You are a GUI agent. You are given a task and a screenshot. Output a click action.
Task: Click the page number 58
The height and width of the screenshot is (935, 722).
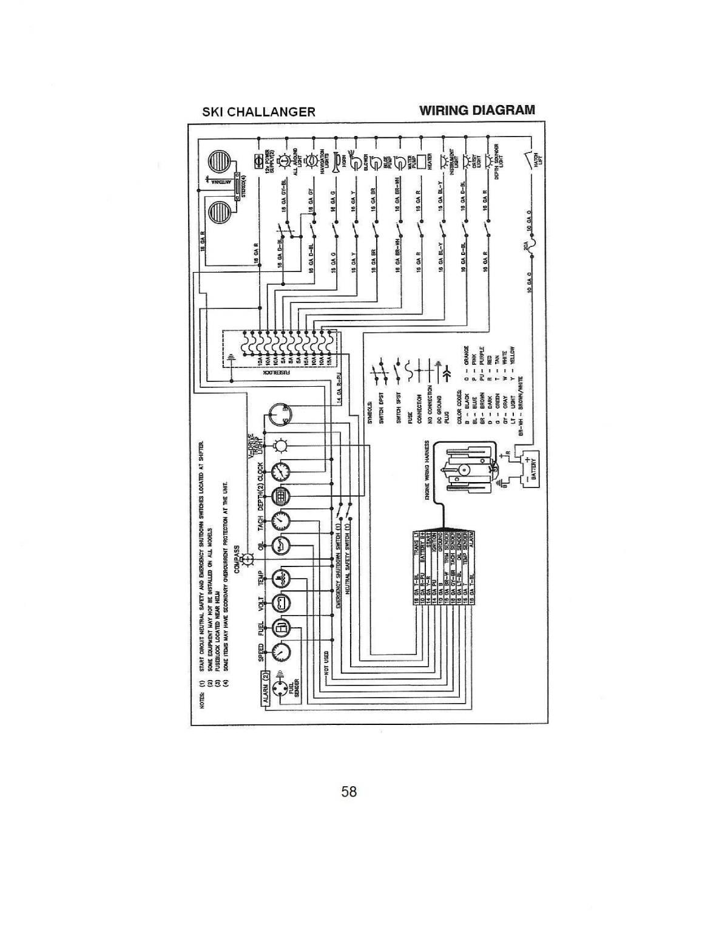349,792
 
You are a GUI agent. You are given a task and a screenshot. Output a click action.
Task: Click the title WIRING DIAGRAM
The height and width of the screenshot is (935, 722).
477,110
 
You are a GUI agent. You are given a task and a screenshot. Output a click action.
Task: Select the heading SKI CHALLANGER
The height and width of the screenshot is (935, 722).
258,112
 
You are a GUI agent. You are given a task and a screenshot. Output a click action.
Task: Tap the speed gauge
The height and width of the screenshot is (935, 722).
280,652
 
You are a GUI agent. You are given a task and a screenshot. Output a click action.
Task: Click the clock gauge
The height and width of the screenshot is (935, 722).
280,472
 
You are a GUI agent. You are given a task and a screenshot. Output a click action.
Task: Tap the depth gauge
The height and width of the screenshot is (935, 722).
280,496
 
